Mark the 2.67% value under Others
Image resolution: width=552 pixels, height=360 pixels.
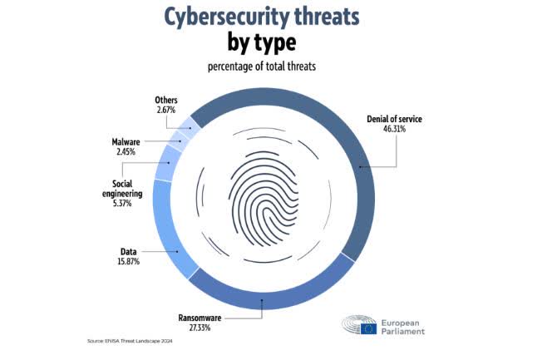(166, 110)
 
